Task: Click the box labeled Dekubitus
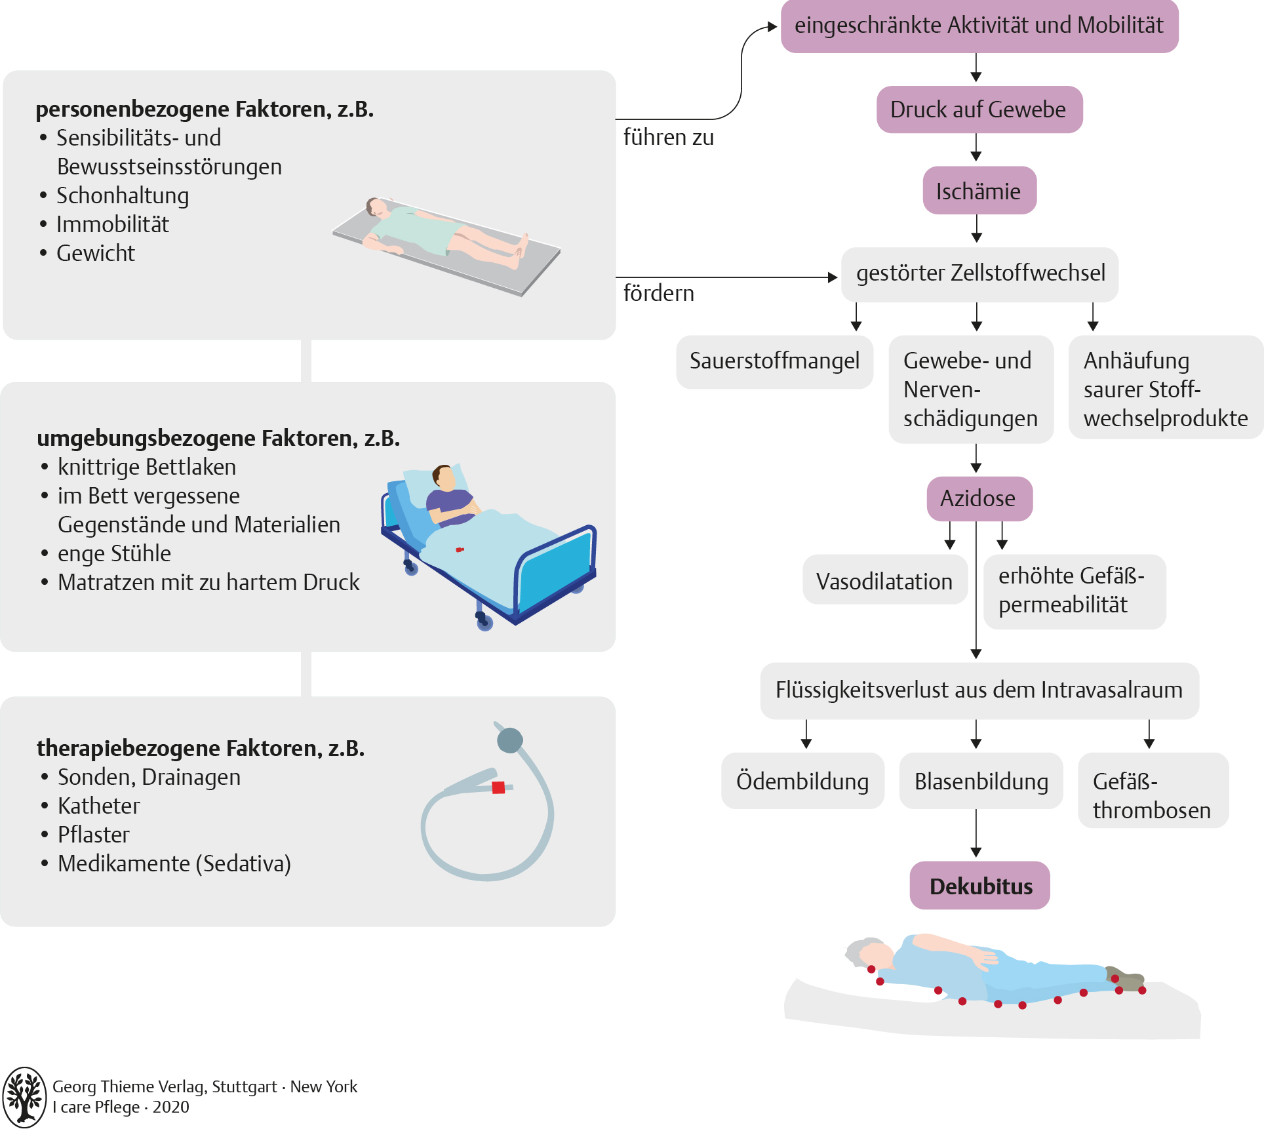click(979, 886)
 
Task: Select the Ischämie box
click(979, 191)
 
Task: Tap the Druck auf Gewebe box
click(979, 109)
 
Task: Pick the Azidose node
click(979, 498)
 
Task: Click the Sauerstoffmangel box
click(774, 361)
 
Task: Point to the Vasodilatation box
click(884, 581)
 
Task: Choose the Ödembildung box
click(802, 781)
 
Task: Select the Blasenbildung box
click(981, 781)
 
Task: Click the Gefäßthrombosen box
click(1153, 790)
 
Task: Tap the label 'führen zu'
click(668, 138)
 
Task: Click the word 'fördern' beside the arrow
click(658, 293)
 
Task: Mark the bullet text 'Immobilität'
click(113, 224)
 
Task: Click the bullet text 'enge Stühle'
click(114, 553)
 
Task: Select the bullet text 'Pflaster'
click(94, 835)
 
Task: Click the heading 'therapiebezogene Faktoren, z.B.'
click(201, 748)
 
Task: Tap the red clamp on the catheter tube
click(498, 787)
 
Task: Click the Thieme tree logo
click(25, 1096)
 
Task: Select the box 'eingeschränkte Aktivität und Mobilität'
click(979, 26)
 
